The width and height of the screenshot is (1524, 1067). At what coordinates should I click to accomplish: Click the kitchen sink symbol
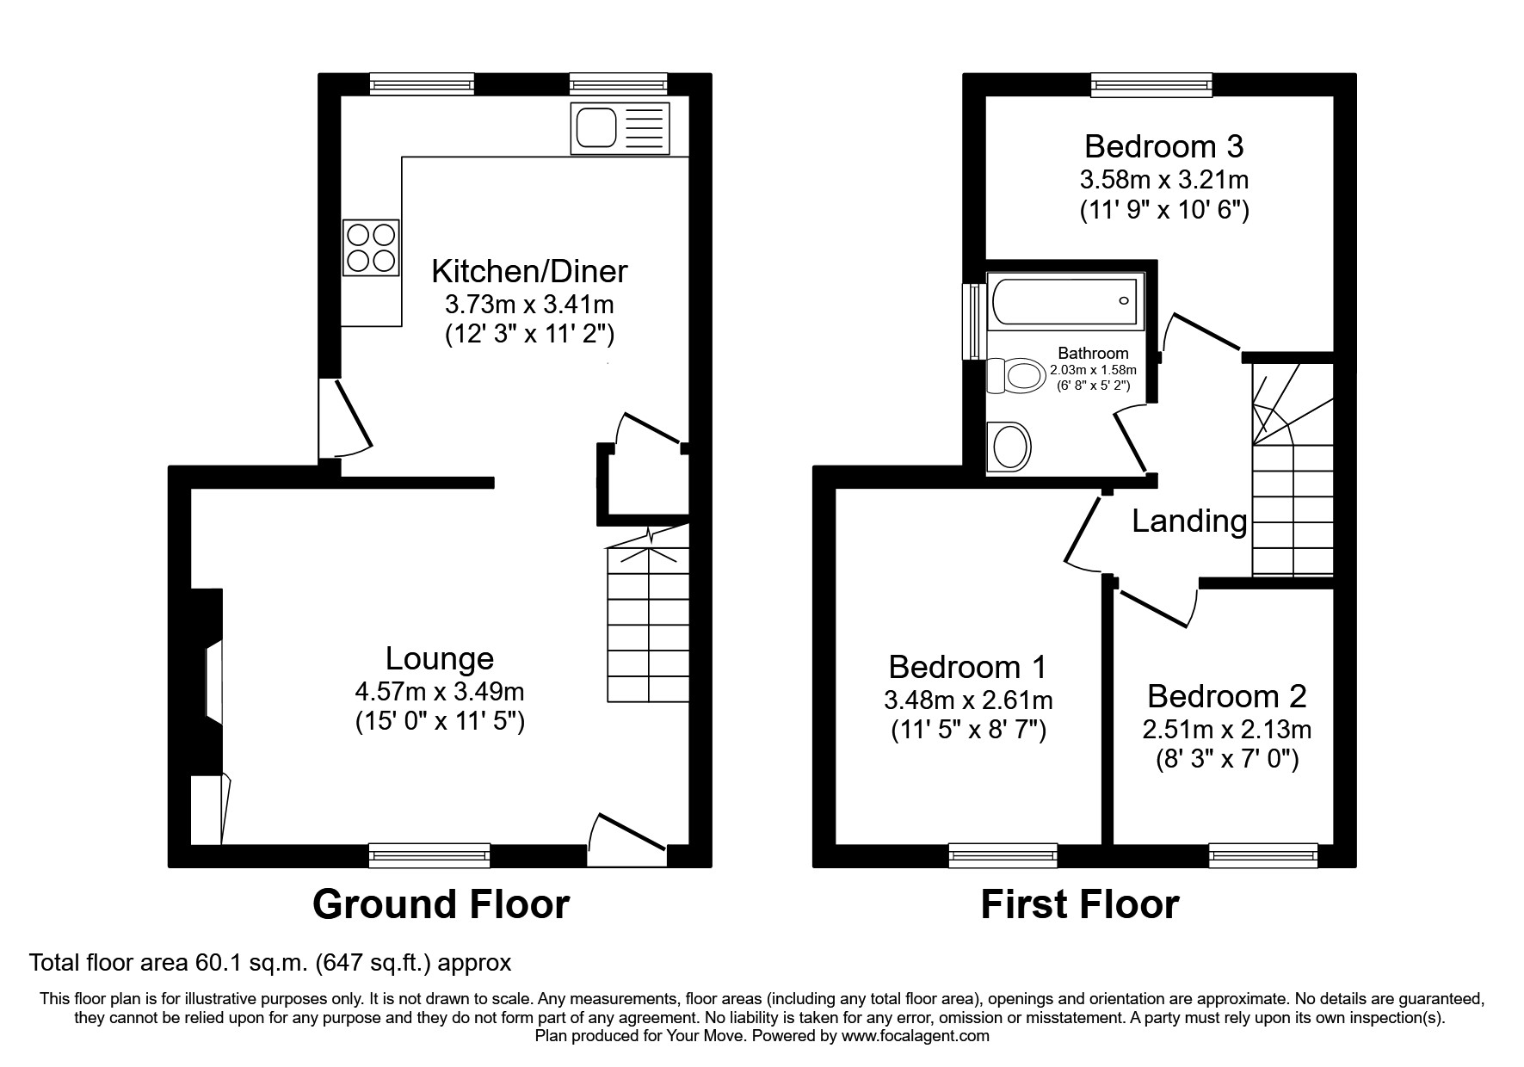pyautogui.click(x=620, y=129)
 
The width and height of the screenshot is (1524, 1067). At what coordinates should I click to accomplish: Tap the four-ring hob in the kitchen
pyautogui.click(x=372, y=247)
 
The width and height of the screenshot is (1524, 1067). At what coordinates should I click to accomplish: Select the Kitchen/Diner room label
pyautogui.click(x=529, y=271)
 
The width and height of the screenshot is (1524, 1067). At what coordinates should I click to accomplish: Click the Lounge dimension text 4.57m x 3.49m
pyautogui.click(x=440, y=691)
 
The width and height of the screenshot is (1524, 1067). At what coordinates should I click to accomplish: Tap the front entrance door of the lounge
pyautogui.click(x=626, y=839)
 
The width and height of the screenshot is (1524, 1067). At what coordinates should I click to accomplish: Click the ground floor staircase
pyautogui.click(x=648, y=624)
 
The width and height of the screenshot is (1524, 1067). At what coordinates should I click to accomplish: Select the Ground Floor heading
pyautogui.click(x=441, y=905)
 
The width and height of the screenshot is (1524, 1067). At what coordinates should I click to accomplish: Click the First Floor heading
pyautogui.click(x=1080, y=905)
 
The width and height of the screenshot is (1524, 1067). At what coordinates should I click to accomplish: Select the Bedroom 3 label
pyautogui.click(x=1163, y=146)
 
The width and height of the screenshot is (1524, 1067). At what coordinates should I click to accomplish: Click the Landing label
pyautogui.click(x=1189, y=521)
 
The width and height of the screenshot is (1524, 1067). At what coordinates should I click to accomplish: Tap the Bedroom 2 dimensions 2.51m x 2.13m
pyautogui.click(x=1226, y=730)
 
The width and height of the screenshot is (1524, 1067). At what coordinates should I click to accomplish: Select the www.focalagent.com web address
pyautogui.click(x=915, y=1036)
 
